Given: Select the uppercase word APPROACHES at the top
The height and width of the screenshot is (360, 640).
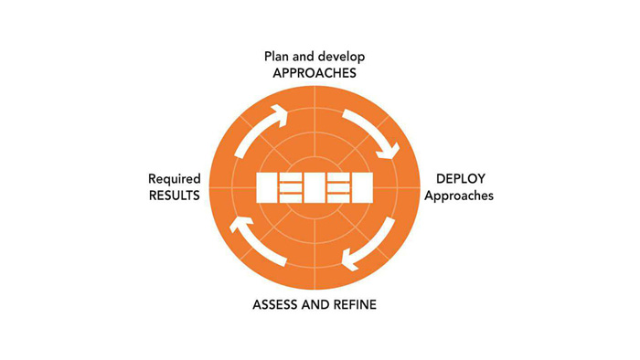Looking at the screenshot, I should point(314,74).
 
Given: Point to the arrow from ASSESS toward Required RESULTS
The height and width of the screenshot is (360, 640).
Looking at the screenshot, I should point(254,245).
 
